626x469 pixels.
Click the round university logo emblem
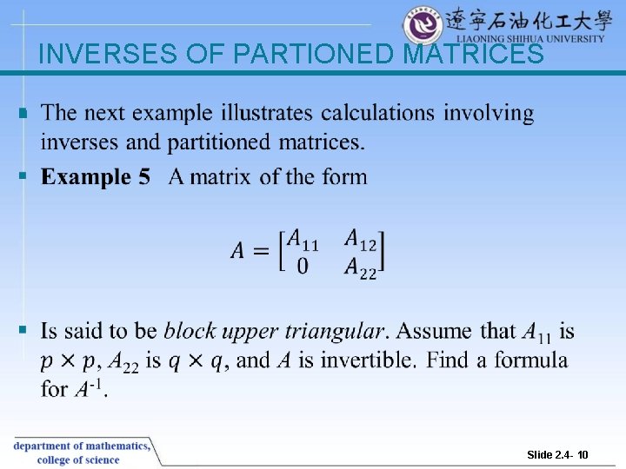tap(423, 24)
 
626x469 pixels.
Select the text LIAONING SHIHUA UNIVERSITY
tap(530, 38)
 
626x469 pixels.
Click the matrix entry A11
tap(303, 238)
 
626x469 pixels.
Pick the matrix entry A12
tap(361, 237)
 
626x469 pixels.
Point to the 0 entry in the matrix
tap(302, 267)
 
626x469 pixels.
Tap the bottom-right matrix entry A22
tap(361, 268)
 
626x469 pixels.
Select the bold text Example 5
tap(96, 177)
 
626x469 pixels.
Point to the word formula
tap(531, 360)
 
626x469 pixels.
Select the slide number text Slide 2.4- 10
tap(557, 454)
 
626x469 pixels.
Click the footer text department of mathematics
tap(81, 446)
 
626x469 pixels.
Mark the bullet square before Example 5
tap(23, 177)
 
